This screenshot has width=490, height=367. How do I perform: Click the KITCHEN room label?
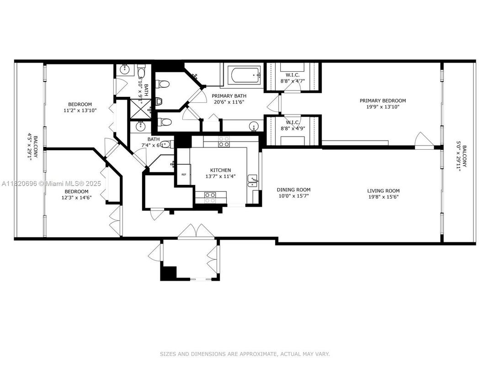click(x=220, y=170)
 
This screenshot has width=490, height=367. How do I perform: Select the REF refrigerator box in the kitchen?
click(x=184, y=174)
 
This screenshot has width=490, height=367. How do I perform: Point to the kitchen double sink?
click(x=253, y=182)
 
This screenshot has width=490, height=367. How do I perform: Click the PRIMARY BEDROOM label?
click(x=383, y=101)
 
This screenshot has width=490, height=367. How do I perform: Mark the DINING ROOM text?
click(x=293, y=190)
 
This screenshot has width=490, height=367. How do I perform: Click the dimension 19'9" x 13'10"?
click(x=383, y=107)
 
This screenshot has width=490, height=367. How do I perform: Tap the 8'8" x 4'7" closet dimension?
click(x=293, y=81)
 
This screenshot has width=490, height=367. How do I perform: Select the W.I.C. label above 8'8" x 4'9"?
click(x=293, y=122)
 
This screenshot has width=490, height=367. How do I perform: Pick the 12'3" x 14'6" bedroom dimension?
click(x=76, y=198)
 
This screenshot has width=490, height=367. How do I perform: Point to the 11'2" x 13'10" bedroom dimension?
click(x=80, y=110)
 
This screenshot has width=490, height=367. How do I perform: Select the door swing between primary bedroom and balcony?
click(x=420, y=139)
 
